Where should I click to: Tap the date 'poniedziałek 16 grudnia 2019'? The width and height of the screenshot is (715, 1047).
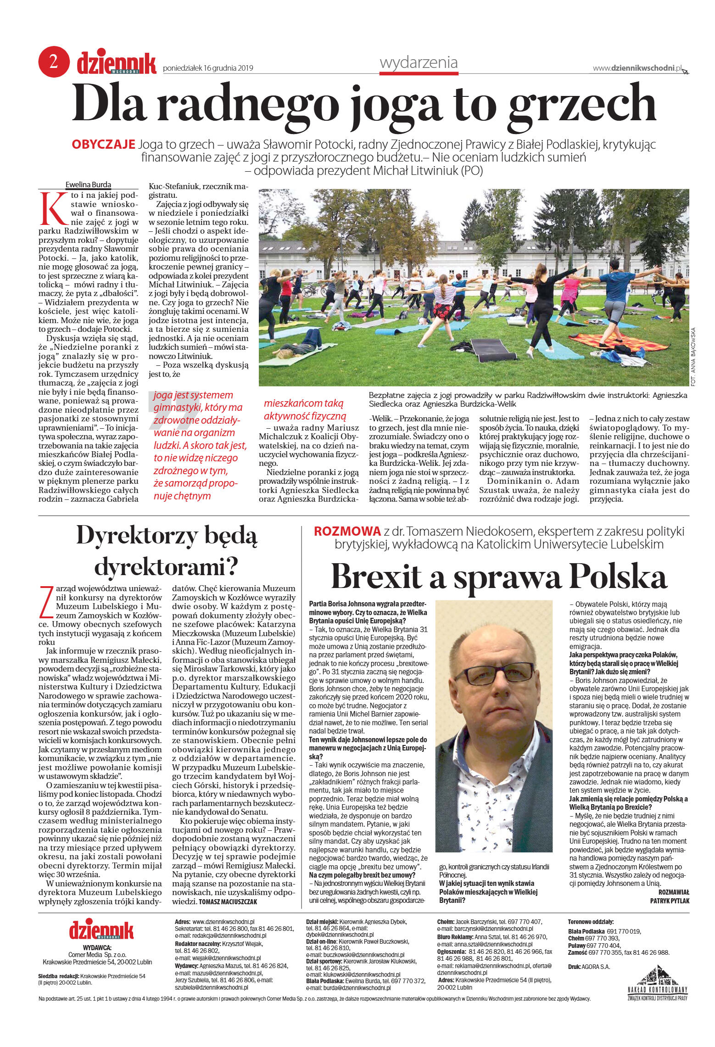[208, 68]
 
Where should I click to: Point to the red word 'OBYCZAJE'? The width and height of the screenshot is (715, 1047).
[103, 145]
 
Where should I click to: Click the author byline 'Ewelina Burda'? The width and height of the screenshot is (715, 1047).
[89, 185]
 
